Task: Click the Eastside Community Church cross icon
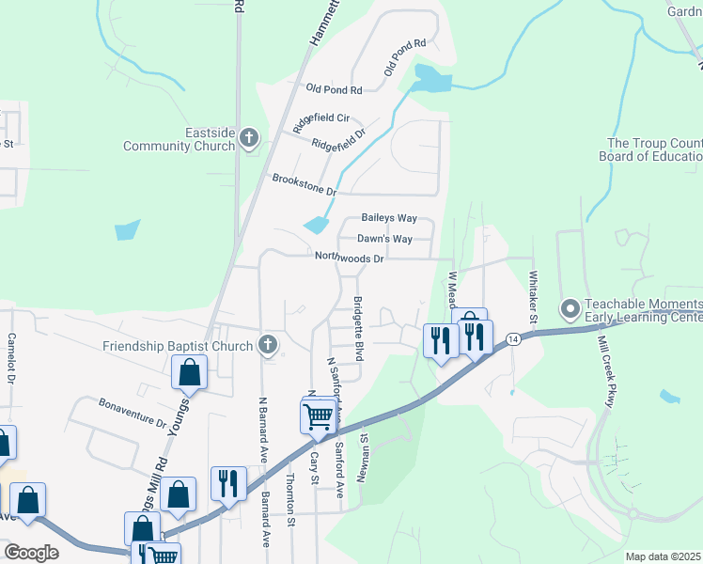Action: tap(249, 139)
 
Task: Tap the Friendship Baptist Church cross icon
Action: tap(268, 345)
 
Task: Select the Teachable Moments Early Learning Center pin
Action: tap(570, 308)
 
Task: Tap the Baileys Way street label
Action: tap(389, 218)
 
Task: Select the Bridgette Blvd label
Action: tap(358, 324)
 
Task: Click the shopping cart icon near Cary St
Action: tap(319, 415)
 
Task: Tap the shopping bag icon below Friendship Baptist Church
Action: tap(189, 372)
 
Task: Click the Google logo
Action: tap(31, 553)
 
